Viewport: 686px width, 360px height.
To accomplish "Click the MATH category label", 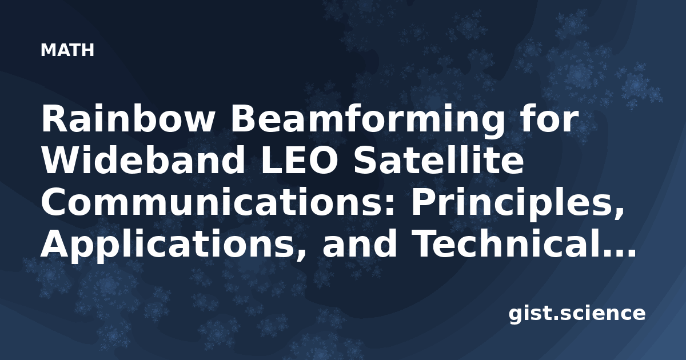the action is click(67, 50).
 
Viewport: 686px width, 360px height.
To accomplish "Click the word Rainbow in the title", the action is click(127, 119).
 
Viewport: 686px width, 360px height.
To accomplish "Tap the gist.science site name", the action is click(577, 314).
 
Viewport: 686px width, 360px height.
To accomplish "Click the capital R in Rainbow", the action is click(53, 119).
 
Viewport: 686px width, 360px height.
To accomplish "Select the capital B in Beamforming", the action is click(243, 119).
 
